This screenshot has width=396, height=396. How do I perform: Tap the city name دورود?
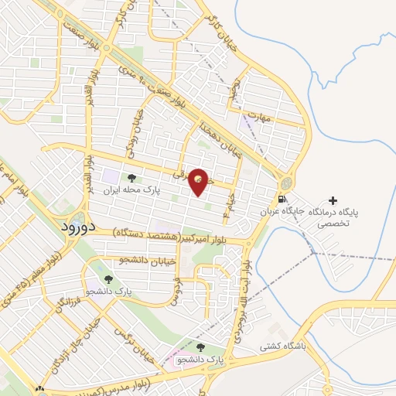(77, 227)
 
